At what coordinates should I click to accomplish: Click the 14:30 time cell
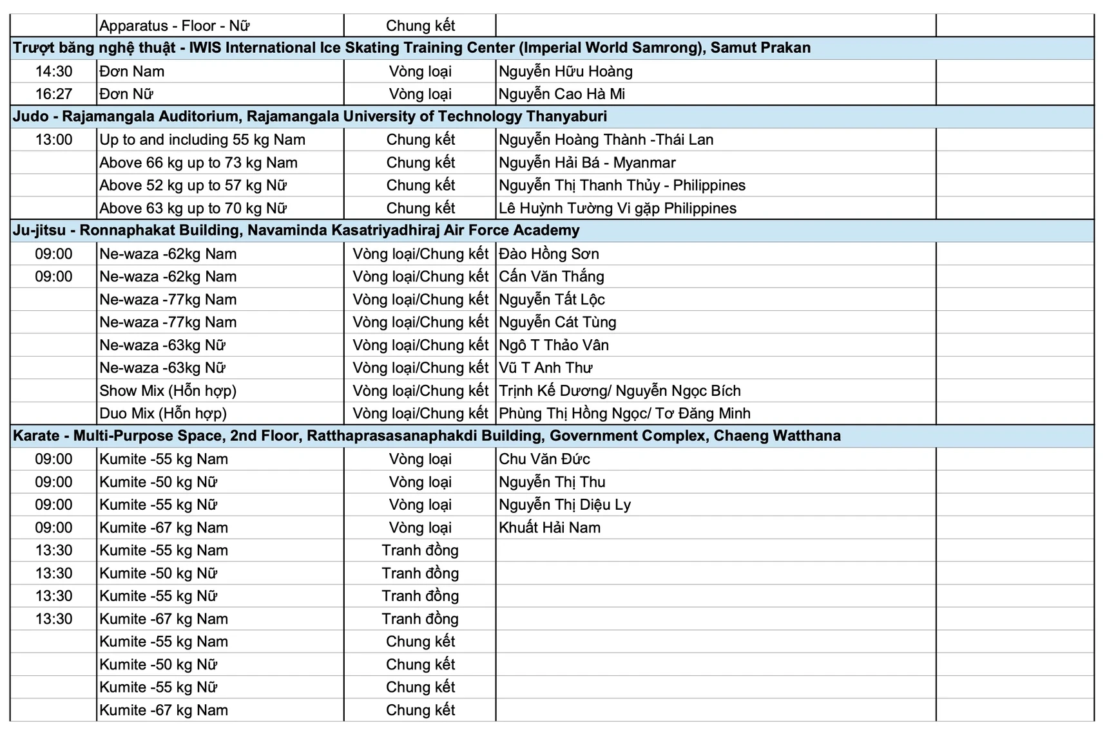[53, 71]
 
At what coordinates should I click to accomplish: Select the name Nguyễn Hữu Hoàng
[565, 71]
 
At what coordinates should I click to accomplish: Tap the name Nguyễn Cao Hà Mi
[561, 94]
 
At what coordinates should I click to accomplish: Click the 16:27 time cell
[53, 94]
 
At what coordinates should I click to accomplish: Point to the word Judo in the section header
[30, 117]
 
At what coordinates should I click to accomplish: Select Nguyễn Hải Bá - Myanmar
[587, 163]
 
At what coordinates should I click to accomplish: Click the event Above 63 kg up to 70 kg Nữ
[193, 209]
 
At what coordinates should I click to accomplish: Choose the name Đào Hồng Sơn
[548, 254]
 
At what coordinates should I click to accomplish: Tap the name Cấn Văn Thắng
[551, 277]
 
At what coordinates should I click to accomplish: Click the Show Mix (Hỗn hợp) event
[168, 391]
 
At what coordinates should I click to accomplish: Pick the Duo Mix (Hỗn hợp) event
[163, 413]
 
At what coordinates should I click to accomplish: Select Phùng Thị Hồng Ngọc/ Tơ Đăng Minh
[624, 413]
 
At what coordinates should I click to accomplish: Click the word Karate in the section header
[36, 436]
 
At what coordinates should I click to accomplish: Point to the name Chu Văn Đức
[544, 459]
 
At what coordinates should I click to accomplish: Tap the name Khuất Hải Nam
[549, 528]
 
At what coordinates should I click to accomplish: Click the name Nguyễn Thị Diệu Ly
[564, 505]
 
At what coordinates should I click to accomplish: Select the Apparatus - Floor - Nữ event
[174, 26]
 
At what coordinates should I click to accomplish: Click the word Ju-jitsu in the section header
[39, 230]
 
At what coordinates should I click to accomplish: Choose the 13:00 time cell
[53, 140]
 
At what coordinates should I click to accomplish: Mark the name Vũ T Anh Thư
[545, 368]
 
